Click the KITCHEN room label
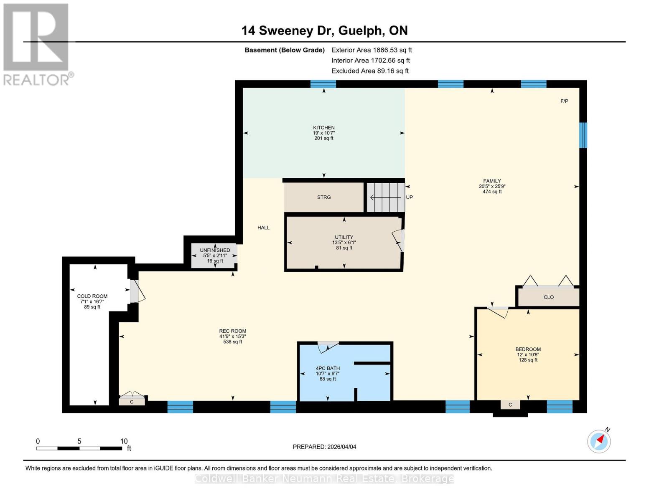point(324,128)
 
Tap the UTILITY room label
point(344,237)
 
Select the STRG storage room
point(324,197)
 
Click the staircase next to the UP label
point(386,197)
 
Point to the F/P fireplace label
point(564,101)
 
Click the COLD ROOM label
point(92,296)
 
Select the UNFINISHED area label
point(215,250)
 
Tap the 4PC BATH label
point(328,368)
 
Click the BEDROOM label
point(528,349)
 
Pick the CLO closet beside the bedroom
point(548,297)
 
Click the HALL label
point(263,228)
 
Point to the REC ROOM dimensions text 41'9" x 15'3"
point(233,337)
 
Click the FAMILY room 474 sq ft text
point(492,192)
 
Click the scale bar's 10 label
point(124,441)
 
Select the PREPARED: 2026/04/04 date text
point(324,447)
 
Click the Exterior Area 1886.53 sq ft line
point(372,50)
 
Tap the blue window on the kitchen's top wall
point(323,84)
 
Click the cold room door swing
point(137,291)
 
